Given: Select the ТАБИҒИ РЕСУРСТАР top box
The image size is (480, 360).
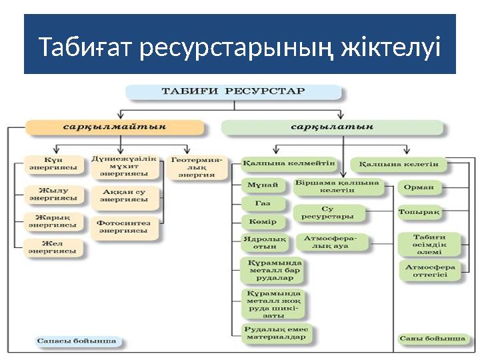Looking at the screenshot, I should (x=233, y=91).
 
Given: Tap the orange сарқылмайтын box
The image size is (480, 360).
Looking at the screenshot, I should (x=115, y=127).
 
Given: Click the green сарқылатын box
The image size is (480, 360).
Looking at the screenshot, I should (x=331, y=127).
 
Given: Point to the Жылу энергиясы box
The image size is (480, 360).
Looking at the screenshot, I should (x=52, y=194).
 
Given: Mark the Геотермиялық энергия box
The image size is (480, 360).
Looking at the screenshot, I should (x=197, y=167).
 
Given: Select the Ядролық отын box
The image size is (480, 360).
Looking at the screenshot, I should (x=263, y=242).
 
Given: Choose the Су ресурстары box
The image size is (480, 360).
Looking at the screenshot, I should (x=327, y=213).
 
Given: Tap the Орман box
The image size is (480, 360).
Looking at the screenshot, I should (x=419, y=187).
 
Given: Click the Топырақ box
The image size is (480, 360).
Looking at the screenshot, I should (x=419, y=213).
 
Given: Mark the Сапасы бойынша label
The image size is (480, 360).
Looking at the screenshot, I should (x=76, y=341).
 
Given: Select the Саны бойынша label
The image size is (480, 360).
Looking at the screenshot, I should (x=431, y=339).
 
